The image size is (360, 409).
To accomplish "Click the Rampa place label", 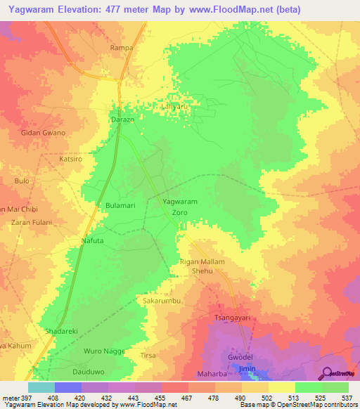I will click(122, 48).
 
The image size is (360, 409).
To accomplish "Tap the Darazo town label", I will click(122, 120).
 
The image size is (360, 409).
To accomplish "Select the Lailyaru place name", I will click(176, 107).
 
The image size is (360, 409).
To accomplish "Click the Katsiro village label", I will click(71, 160).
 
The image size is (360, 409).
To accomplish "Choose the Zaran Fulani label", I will click(32, 223).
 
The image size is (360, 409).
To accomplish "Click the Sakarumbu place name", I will click(162, 300).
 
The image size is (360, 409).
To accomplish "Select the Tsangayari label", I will click(233, 318).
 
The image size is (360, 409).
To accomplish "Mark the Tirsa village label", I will click(149, 356).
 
